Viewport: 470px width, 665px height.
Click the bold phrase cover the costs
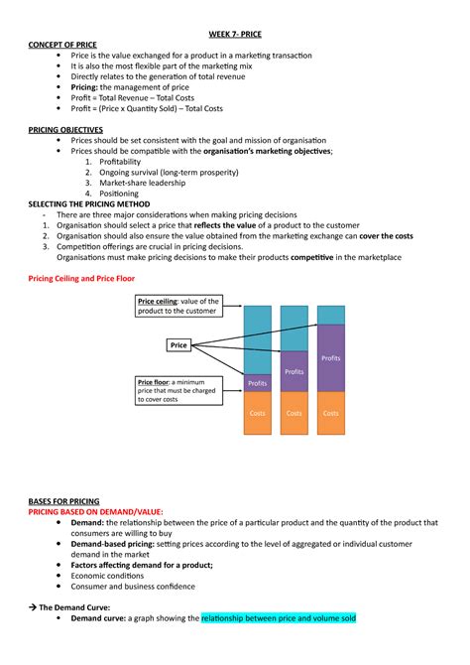tap(383, 236)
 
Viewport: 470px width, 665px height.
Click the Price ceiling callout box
tap(179, 306)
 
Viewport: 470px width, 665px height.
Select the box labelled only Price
tap(178, 345)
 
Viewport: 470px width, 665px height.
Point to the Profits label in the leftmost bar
tap(258, 382)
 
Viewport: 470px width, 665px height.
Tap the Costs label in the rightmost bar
tap(331, 413)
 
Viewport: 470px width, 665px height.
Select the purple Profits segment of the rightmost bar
tap(331, 357)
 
